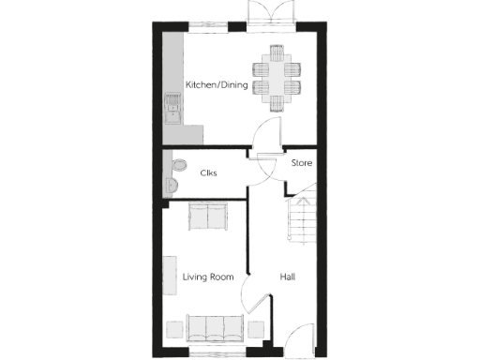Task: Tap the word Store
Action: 301,163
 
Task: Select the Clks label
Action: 209,172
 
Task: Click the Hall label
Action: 289,277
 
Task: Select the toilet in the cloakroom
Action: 175,169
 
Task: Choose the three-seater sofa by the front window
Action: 215,328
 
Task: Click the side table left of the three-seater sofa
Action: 174,329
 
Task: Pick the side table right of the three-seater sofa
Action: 255,329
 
